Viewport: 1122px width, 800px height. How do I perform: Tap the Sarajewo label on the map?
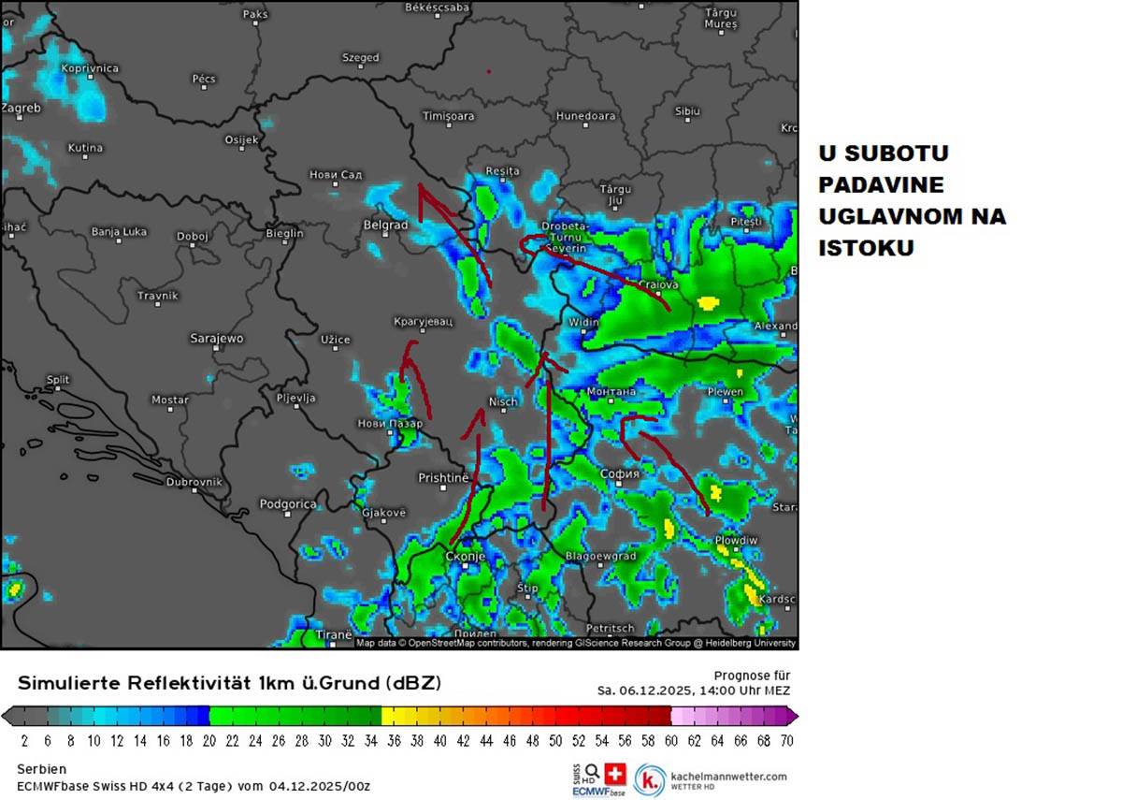pyautogui.click(x=216, y=338)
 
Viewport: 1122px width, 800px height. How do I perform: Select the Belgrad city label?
pyautogui.click(x=385, y=225)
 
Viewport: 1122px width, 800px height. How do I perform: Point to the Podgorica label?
pyautogui.click(x=287, y=503)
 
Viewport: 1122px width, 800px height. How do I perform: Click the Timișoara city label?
pyautogui.click(x=449, y=116)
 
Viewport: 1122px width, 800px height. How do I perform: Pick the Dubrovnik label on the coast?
pyautogui.click(x=194, y=482)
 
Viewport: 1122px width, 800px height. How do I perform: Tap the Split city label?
pyautogui.click(x=58, y=380)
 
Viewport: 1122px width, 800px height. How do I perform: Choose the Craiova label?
pyautogui.click(x=657, y=284)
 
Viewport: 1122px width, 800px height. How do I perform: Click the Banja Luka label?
pyautogui.click(x=119, y=231)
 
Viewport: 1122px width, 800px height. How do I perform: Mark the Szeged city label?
pyautogui.click(x=360, y=57)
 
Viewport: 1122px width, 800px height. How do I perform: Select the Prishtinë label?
pyautogui.click(x=442, y=478)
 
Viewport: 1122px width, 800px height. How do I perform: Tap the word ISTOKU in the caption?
pyautogui.click(x=866, y=249)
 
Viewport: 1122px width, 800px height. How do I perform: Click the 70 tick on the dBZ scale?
pyautogui.click(x=786, y=740)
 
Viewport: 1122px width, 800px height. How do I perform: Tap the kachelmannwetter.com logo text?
pyautogui.click(x=728, y=776)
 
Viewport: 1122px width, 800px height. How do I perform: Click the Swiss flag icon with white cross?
pyautogui.click(x=614, y=774)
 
